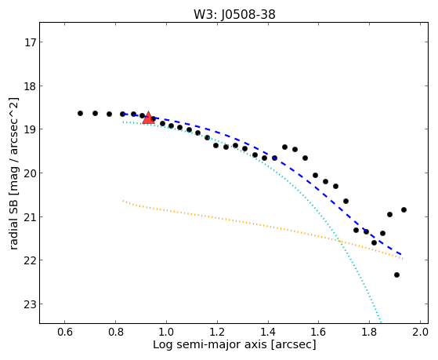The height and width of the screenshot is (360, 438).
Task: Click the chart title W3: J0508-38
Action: coord(234,15)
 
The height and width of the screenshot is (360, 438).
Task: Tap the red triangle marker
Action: coord(148,118)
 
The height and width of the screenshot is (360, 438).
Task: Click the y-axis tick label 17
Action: coord(30,42)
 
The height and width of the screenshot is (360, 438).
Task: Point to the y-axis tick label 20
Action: coord(30,173)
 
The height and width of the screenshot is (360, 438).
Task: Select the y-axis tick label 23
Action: coord(30,304)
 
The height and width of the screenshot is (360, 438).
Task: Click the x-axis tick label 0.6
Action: coord(65,332)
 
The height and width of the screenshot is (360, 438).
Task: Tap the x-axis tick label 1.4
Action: coord(268,332)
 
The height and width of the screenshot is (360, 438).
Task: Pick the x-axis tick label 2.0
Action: coord(420,332)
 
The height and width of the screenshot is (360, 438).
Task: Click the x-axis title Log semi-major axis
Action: coord(210,345)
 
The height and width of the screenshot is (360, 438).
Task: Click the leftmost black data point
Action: coord(80,113)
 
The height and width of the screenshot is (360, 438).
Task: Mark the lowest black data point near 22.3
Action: coord(396,275)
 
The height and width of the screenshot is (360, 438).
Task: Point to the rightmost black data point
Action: coord(404,209)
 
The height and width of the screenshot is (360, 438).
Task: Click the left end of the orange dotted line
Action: coord(123,201)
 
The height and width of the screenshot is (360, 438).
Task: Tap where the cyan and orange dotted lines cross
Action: coord(340,241)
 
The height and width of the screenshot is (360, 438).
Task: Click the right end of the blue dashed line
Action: coord(401,255)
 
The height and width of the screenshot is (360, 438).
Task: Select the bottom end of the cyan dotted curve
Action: coord(381,322)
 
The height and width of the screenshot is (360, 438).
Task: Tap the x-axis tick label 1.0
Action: coord(166,332)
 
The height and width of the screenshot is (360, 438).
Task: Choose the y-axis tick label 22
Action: coord(30,260)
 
